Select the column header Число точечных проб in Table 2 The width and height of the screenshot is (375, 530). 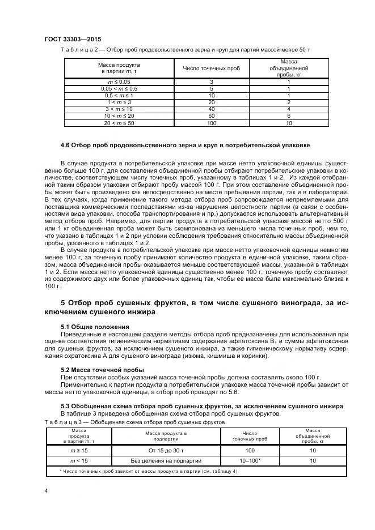(x=211, y=69)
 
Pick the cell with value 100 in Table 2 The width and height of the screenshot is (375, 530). (x=211, y=123)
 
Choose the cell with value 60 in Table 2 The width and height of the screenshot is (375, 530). (x=211, y=116)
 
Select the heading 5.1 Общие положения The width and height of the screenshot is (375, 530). (x=95, y=327)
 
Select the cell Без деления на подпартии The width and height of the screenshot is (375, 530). (x=166, y=461)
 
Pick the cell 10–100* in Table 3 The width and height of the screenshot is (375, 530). (x=250, y=461)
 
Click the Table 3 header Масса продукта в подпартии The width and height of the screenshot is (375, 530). (x=166, y=436)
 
